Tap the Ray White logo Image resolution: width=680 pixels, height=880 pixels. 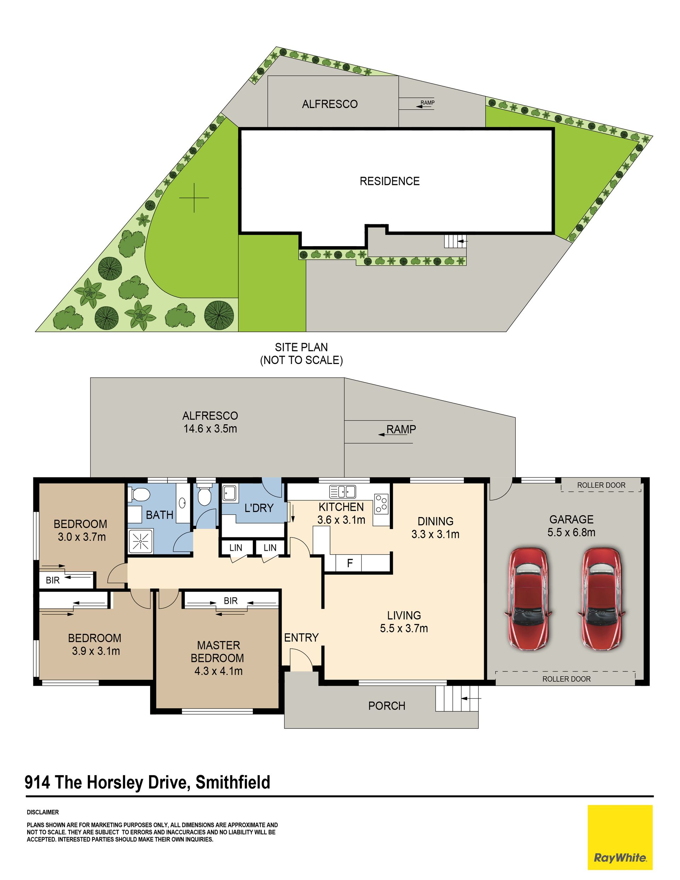tap(620, 836)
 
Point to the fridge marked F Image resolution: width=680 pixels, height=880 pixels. tap(349, 563)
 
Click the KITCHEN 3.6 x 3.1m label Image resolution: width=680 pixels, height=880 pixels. tap(341, 513)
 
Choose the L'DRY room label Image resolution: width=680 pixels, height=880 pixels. tap(259, 508)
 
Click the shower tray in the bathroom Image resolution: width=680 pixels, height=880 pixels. tap(141, 541)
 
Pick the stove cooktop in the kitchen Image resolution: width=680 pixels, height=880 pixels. tap(381, 504)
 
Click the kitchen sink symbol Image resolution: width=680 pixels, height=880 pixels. tap(342, 492)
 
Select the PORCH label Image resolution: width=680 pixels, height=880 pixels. tap(386, 706)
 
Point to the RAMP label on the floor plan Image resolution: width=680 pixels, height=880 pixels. tap(401, 430)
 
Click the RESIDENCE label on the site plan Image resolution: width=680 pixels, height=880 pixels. tap(389, 181)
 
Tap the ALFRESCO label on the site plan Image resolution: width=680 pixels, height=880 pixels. tap(330, 104)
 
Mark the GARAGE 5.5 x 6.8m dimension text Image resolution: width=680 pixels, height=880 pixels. tap(571, 526)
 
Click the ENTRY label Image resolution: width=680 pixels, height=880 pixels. tap(301, 637)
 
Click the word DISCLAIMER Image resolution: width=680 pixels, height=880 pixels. tap(43, 812)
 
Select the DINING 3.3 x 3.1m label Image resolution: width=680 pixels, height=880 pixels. tap(435, 527)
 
